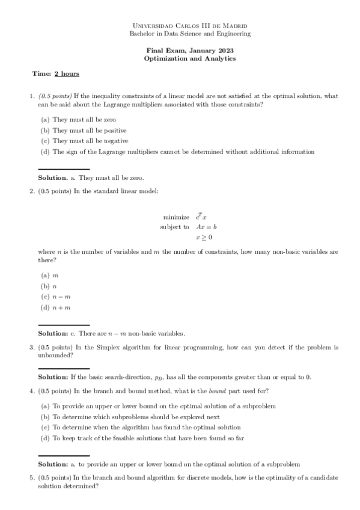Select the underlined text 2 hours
67,74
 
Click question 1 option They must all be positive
89,130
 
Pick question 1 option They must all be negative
90,141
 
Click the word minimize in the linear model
176,217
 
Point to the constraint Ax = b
206,227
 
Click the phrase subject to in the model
174,227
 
